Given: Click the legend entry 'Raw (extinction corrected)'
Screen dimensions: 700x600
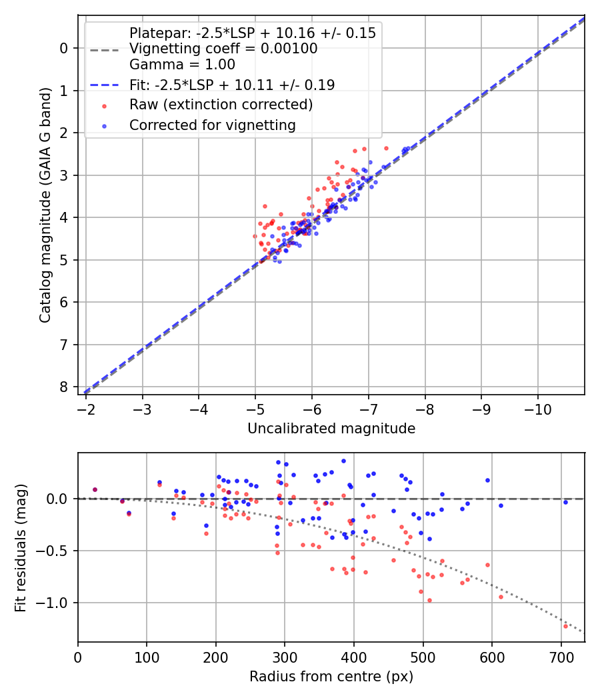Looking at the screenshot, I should coord(221,105).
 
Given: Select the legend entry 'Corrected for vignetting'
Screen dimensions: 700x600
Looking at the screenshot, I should coord(212,125).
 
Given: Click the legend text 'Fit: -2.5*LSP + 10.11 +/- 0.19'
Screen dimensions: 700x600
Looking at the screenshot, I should coord(232,85).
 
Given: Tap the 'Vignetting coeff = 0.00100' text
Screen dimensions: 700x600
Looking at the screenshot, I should coord(223,49).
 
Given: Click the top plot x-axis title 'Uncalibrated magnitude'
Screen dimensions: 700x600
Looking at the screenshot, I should coord(331,429).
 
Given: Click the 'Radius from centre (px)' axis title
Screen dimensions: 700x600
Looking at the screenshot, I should coord(331,677).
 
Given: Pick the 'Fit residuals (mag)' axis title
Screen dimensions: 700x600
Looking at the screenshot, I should coord(21,547).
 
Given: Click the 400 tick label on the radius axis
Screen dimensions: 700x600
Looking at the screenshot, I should coord(354,657).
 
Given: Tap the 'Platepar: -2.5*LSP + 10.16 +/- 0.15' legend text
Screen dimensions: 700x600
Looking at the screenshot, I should coord(253,33).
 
